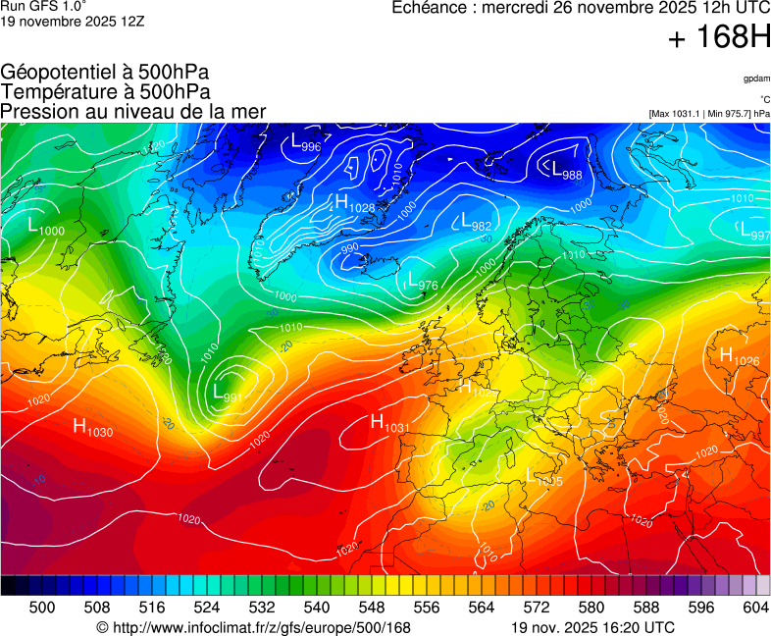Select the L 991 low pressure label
pyautogui.click(x=228, y=394)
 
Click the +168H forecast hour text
pyautogui.click(x=718, y=38)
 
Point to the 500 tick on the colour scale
pyautogui.click(x=42, y=608)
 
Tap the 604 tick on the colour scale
pyautogui.click(x=754, y=608)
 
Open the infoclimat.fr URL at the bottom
pyautogui.click(x=253, y=627)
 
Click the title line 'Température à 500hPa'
pyautogui.click(x=105, y=91)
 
